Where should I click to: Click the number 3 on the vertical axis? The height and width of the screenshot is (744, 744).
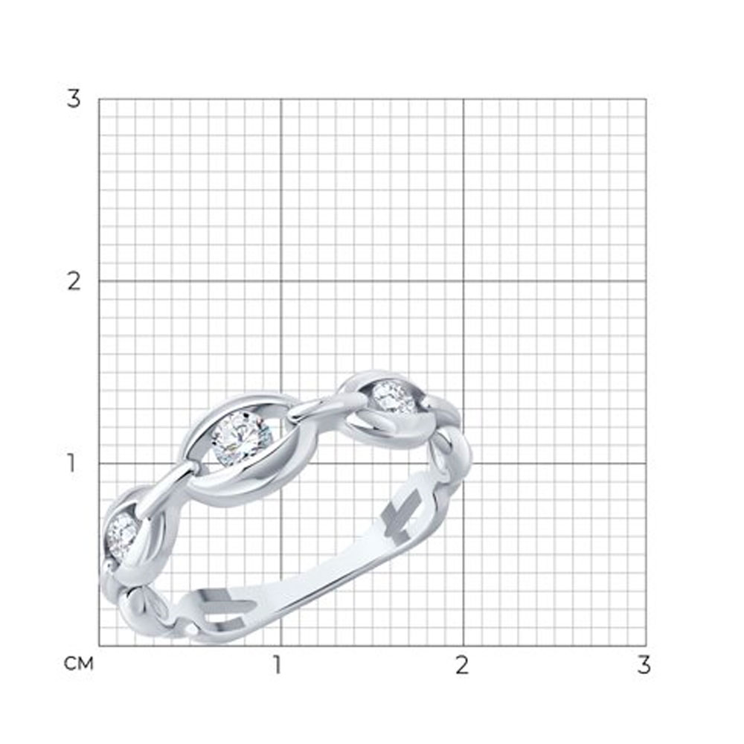[x=74, y=99]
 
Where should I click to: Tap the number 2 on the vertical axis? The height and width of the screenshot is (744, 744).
[x=74, y=281]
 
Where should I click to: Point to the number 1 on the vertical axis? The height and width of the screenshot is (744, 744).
[x=71, y=463]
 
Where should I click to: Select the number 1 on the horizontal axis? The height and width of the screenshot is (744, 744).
[x=278, y=664]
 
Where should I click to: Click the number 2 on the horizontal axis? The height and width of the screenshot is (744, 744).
[x=462, y=664]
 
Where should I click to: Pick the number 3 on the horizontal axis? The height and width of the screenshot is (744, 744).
[x=644, y=664]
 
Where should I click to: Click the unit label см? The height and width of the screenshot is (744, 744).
[x=79, y=664]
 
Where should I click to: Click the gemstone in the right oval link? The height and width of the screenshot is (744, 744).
[x=394, y=397]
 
